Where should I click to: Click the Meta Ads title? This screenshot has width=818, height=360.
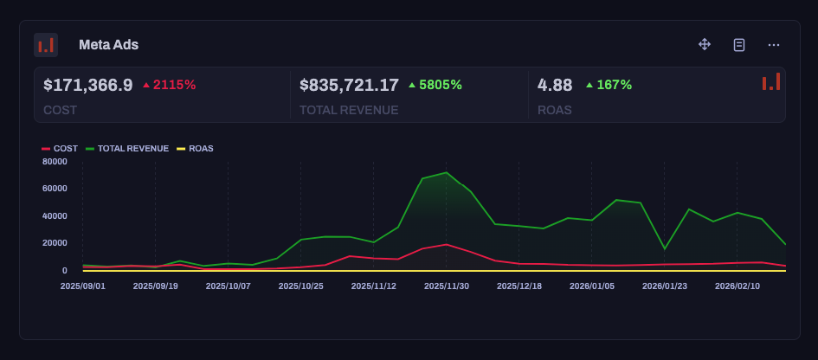click(108, 45)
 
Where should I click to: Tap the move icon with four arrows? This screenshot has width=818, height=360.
click(705, 44)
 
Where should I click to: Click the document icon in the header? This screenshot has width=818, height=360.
click(739, 44)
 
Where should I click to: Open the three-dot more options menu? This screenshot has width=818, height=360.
click(774, 44)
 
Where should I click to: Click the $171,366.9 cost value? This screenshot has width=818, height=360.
click(87, 85)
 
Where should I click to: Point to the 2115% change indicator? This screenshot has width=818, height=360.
click(170, 85)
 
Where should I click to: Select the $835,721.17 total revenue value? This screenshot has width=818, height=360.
click(349, 85)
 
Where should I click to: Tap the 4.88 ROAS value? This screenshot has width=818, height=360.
click(555, 85)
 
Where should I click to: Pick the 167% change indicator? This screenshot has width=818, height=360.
click(609, 85)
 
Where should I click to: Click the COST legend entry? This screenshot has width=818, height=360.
click(60, 149)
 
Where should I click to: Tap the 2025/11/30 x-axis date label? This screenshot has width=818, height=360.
click(447, 286)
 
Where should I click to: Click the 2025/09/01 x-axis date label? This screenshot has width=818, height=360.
click(83, 286)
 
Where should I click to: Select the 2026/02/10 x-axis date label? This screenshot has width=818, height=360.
click(737, 286)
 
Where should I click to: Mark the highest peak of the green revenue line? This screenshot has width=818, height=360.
click(446, 173)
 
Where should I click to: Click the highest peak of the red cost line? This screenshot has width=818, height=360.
click(446, 245)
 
